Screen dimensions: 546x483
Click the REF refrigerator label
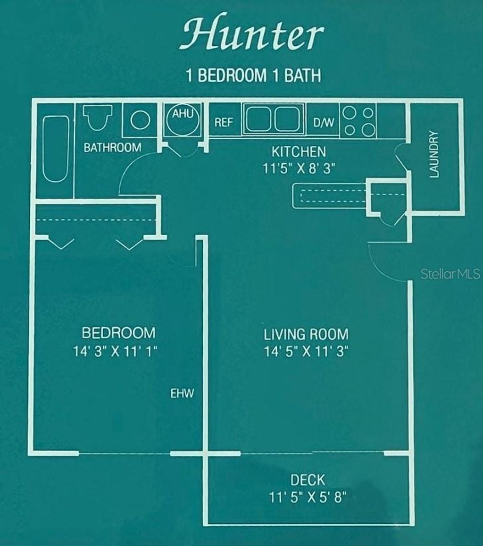point(224,123)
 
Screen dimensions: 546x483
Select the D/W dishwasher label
point(324,123)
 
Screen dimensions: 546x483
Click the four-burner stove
point(358,121)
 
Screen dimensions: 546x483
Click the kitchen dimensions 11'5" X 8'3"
point(299,168)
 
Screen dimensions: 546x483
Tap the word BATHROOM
point(112,147)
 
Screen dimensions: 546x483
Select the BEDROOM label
point(118,333)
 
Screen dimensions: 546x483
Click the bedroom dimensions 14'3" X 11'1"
point(115,352)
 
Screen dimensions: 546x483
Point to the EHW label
point(182,394)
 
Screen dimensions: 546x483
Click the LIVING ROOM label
point(306,334)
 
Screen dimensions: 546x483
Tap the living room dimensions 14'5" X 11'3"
point(306,352)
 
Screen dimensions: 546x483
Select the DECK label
point(308,480)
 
